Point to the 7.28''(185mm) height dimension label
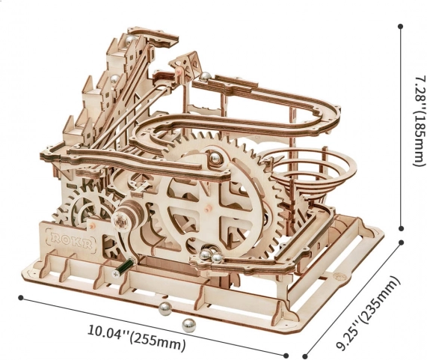pyautogui.click(x=418, y=120)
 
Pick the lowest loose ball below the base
pyautogui.click(x=188, y=326)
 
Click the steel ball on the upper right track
pyautogui.click(x=206, y=76)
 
